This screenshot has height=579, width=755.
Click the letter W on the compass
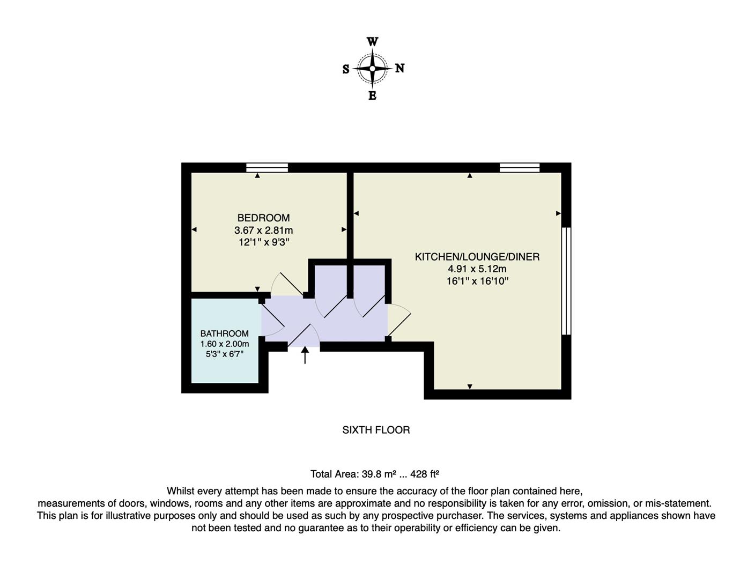pos(373,42)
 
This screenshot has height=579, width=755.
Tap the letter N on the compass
pos(400,69)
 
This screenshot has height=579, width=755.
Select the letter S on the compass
pos(346,70)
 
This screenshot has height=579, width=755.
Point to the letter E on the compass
pos(373,96)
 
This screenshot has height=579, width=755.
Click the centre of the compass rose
pos(373,69)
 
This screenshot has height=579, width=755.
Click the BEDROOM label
pos(263,218)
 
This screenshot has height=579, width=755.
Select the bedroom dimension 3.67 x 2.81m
pos(263,231)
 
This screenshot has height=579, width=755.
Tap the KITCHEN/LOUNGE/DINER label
pos(477,257)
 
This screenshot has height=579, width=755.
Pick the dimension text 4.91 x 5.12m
pos(477,269)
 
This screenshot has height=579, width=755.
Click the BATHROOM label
pos(225,333)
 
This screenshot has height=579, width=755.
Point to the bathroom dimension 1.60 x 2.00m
pos(225,344)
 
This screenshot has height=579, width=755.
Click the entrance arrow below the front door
pos(305,355)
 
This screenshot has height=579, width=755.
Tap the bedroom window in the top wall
pos(267,167)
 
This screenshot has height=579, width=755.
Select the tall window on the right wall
pos(566,281)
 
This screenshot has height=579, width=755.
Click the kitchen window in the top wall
pos(520,167)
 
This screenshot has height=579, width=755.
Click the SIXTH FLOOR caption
pos(376,430)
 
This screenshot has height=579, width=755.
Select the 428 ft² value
pos(425,474)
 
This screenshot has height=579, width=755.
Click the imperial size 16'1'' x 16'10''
pos(477,281)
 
